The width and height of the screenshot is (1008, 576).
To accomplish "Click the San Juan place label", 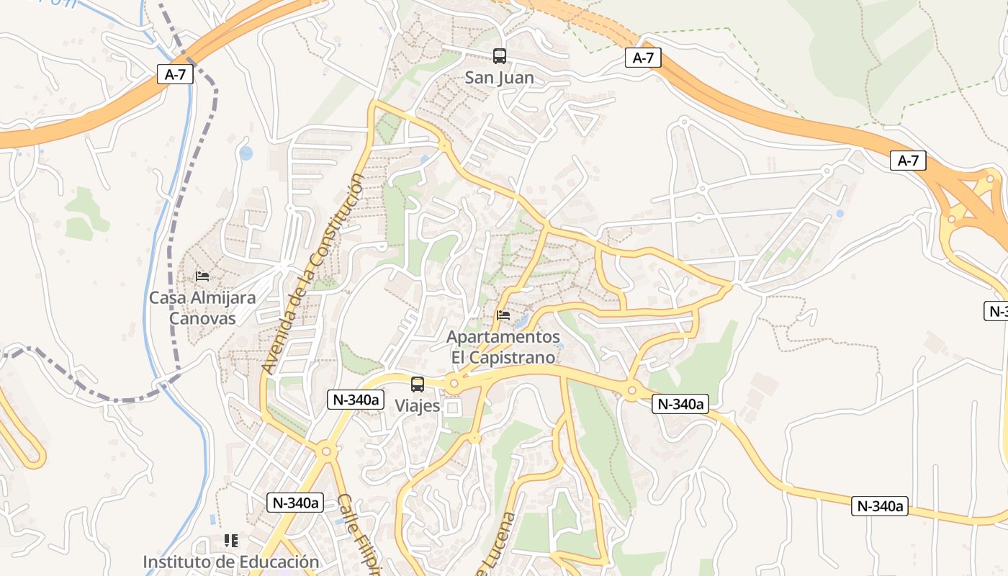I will point(499,77).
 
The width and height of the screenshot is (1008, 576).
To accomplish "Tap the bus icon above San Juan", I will point(499,55).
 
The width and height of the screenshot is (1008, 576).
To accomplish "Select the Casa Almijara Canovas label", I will point(202,307).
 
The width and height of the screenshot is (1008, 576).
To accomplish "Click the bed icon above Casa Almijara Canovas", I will point(202,276).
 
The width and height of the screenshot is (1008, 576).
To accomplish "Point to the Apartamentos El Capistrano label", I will point(503,347).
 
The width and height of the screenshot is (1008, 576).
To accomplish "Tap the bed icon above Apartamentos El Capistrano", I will point(503,315).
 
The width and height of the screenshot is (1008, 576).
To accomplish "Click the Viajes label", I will point(417,405).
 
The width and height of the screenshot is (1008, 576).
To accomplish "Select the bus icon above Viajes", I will point(418,384).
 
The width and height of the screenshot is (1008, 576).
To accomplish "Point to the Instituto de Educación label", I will point(230,562).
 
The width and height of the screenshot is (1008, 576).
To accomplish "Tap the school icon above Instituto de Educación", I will point(231,540).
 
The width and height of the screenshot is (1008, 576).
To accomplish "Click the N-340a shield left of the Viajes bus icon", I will point(355,400).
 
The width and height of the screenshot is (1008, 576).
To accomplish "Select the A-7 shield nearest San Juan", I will point(643,58).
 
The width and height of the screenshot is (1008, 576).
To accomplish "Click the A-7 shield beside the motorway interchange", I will point(908,161).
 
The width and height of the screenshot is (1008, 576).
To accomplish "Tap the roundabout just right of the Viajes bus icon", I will point(454,384).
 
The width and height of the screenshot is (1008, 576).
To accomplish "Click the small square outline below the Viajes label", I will point(452,408).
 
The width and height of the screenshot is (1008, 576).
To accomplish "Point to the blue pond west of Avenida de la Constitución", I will point(246,153).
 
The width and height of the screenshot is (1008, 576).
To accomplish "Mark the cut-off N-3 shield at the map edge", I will point(996,311).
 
